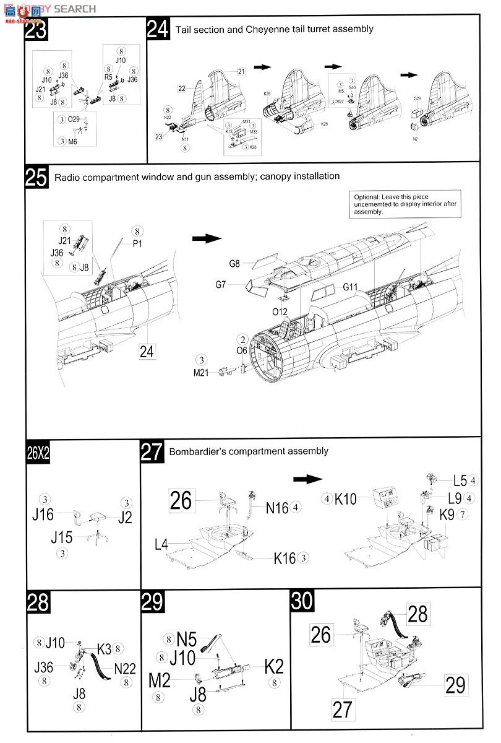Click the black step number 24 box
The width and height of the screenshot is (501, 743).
(158, 29)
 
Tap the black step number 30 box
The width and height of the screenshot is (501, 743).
(302, 601)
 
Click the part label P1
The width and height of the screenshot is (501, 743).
(137, 244)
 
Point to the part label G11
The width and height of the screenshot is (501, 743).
(351, 287)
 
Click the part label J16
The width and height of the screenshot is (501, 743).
(43, 514)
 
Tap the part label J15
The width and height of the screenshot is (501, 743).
(61, 537)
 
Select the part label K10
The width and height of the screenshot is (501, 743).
(345, 499)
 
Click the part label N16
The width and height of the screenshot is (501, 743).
(278, 508)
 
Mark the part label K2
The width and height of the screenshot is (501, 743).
(274, 666)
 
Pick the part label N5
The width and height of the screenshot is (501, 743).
(186, 639)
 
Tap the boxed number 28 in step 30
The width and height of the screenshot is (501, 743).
(417, 614)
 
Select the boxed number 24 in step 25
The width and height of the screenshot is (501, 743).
(147, 351)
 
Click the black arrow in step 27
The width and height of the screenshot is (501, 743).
(308, 479)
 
